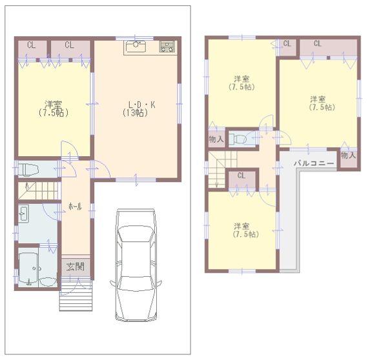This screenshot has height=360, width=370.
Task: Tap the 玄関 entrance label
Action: [x=75, y=266]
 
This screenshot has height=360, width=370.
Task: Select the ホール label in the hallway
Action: [x=75, y=206]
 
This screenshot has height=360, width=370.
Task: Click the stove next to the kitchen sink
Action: [x=167, y=46]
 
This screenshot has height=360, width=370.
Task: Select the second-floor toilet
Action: [x=242, y=138]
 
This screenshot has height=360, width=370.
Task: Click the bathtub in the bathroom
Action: [x=29, y=270]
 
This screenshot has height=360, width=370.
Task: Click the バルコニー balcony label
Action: [x=314, y=163]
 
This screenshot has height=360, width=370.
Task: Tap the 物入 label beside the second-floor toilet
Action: [x=216, y=139]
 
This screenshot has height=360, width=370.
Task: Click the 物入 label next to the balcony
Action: [x=347, y=155]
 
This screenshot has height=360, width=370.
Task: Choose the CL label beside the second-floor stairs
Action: [x=241, y=175]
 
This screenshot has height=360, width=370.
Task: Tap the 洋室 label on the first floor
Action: [x=54, y=104]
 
